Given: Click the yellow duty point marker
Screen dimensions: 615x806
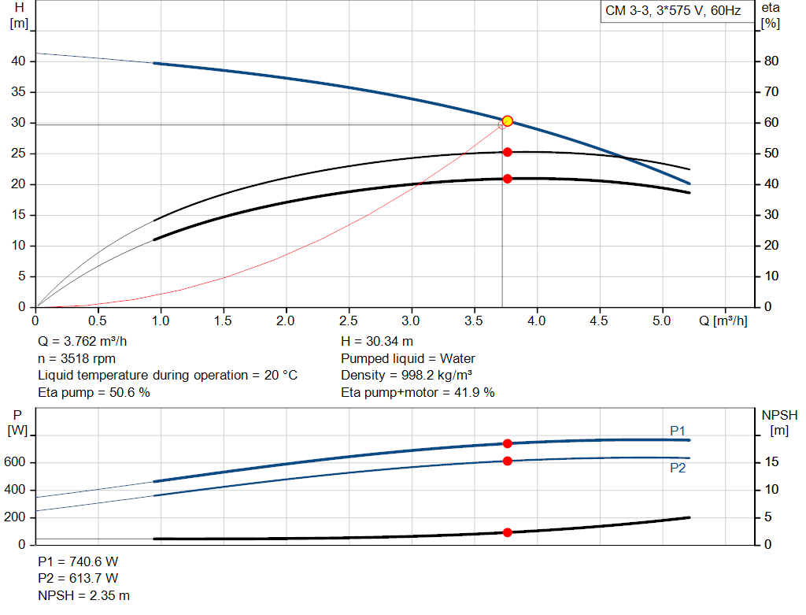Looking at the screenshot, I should click(x=507, y=120).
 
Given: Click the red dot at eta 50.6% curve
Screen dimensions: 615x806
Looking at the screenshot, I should click(x=507, y=152).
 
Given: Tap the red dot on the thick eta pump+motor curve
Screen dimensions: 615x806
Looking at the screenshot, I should click(x=507, y=179).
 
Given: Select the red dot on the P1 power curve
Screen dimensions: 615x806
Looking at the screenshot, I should click(x=507, y=443).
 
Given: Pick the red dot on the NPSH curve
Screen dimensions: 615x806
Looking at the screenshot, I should click(x=507, y=532).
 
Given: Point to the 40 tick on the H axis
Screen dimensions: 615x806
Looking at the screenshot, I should click(x=19, y=61).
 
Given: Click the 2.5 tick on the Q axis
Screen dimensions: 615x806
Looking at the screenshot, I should click(x=348, y=321).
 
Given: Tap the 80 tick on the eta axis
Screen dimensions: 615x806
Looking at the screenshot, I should click(x=771, y=61).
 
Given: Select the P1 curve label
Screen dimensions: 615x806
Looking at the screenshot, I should click(x=678, y=431).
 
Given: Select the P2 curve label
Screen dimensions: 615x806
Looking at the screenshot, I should click(x=678, y=468).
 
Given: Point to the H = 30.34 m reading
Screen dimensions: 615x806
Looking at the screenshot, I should click(x=377, y=342).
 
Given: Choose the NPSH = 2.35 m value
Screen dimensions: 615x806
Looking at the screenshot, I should click(x=84, y=595).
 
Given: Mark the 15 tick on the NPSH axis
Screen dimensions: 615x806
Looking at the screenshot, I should click(x=772, y=462).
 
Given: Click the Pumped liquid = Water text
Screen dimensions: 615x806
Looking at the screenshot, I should click(x=408, y=358).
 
